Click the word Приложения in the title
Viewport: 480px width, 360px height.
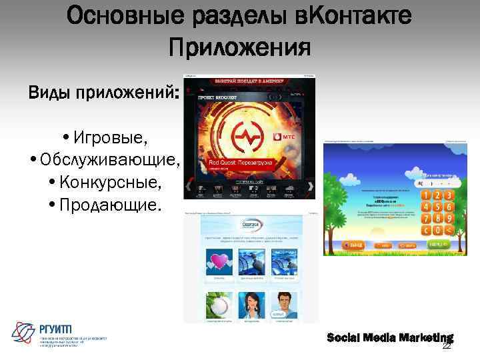coord(239,47)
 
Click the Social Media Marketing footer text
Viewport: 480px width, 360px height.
coord(389,338)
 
